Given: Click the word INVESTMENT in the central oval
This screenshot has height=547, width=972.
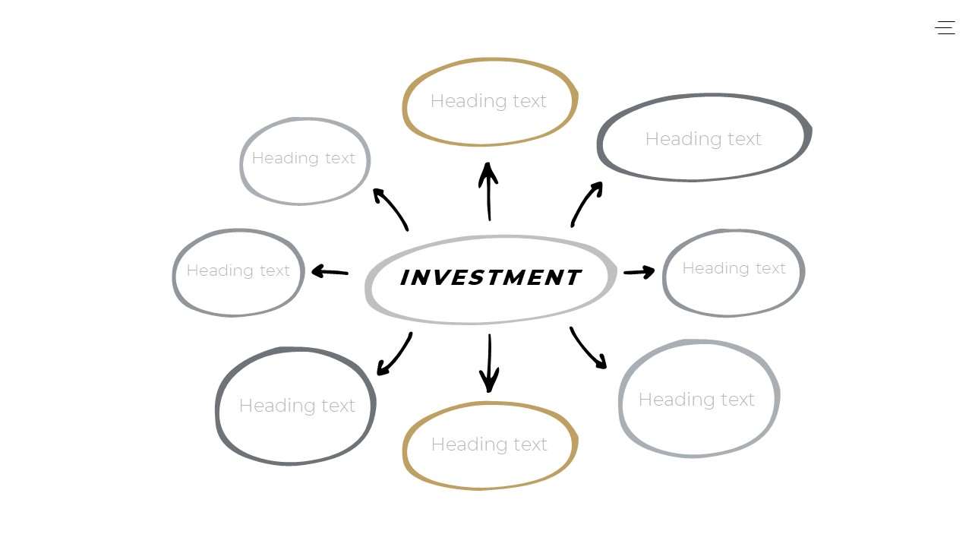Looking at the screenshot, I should (490, 278).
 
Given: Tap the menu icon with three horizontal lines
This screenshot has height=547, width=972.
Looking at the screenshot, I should (945, 28).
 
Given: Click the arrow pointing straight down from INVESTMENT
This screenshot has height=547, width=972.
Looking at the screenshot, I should (489, 363).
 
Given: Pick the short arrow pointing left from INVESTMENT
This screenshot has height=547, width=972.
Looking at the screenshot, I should (330, 271).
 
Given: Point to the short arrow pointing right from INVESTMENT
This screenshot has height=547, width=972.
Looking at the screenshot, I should (639, 271).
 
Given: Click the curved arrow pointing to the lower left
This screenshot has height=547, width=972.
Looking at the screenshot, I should (395, 355).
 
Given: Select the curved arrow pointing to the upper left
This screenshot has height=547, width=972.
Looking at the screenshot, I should (391, 209).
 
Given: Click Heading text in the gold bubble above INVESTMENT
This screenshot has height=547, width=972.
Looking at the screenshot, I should (488, 101).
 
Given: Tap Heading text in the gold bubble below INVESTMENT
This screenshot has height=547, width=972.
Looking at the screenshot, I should (489, 444).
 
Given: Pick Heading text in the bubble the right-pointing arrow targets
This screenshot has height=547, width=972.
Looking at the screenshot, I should (734, 268).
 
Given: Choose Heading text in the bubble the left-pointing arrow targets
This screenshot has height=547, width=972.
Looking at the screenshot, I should (238, 270).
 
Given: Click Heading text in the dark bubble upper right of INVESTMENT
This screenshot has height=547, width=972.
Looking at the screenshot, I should (703, 139).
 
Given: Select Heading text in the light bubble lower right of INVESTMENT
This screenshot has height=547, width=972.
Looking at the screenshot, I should (696, 400).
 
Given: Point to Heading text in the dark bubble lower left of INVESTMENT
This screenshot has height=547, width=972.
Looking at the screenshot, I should (297, 406).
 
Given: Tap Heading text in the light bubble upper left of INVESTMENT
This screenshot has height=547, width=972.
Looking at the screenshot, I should (303, 158).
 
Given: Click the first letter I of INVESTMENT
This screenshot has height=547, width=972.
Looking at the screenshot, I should (405, 278).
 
